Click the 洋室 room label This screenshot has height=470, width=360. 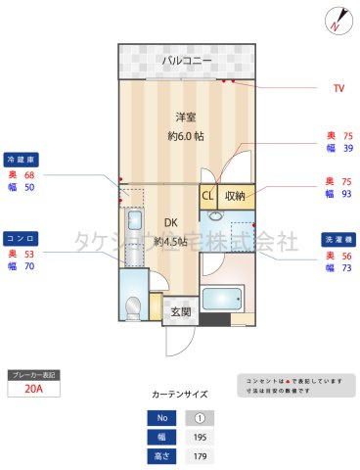pos(174,115)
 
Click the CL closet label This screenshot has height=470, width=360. pos(208,196)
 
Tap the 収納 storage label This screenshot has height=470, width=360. pos(235,196)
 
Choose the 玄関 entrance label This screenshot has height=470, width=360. pos(180,312)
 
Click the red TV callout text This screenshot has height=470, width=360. pos(338,89)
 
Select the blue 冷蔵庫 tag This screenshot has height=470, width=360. pos(22,159)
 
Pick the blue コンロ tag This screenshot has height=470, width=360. pos(22,238)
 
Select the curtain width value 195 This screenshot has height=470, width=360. pos(200,438)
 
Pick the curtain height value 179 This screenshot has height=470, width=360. pos(200,456)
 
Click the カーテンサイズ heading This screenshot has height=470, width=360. pos(180,394)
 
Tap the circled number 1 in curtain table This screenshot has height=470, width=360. pos(200,418)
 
